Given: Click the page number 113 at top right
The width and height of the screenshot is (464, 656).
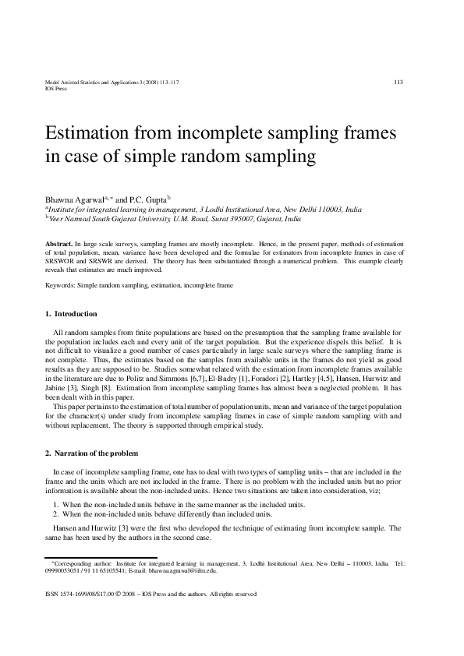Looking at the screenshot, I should [x=398, y=82].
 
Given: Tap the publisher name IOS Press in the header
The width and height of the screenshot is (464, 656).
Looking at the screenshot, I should [x=56, y=89].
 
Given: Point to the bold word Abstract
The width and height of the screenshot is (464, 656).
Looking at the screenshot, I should [x=58, y=245].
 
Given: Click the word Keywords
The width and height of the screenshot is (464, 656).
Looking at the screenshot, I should [x=60, y=286].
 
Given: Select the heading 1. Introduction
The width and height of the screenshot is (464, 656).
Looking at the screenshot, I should [x=71, y=314].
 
